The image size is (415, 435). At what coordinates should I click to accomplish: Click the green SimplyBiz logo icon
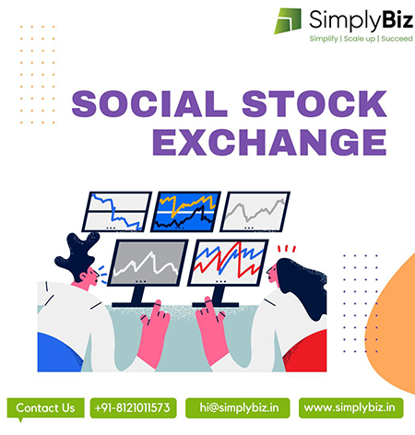point(288,20)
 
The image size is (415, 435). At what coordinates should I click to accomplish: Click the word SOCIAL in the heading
point(149,104)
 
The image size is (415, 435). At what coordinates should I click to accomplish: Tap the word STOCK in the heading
point(314,104)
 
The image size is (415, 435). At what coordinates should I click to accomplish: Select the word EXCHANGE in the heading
point(269,142)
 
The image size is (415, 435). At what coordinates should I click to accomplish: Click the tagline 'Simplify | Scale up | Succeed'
point(361,39)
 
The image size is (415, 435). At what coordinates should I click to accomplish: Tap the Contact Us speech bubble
point(45,409)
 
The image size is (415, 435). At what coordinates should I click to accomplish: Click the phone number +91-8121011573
point(133,408)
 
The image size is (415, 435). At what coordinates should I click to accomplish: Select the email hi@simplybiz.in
point(238,408)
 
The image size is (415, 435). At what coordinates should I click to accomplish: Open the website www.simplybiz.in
point(350,408)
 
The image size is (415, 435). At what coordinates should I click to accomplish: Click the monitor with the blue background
point(185,212)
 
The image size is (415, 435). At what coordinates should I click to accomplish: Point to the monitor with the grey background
point(148,263)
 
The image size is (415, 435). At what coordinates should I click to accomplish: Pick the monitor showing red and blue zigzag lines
point(228,263)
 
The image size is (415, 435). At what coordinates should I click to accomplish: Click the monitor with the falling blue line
point(117,212)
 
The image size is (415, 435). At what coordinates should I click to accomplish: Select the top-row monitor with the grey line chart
point(255,212)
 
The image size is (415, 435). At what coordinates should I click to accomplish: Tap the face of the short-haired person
point(92,275)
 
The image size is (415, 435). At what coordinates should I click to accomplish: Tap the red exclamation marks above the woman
point(287,249)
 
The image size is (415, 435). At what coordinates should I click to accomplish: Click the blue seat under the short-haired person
point(58,353)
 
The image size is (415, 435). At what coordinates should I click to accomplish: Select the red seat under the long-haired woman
point(307,352)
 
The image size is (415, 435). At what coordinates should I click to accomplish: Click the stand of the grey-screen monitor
point(136,297)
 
